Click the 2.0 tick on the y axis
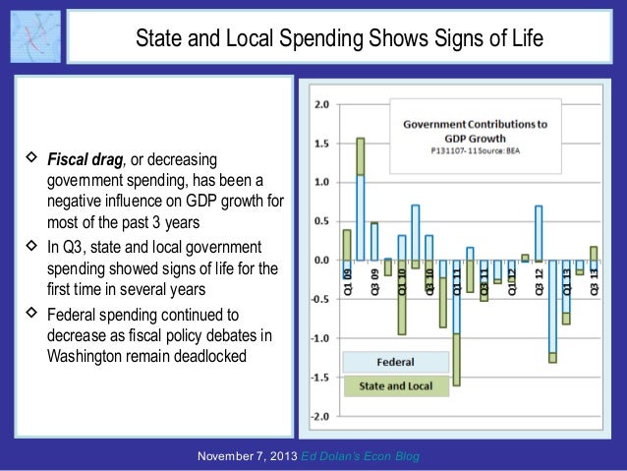pyautogui.click(x=320, y=104)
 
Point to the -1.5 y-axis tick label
pyautogui.click(x=319, y=377)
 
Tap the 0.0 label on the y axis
pyautogui.click(x=320, y=261)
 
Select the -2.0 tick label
pyautogui.click(x=319, y=416)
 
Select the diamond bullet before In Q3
pyautogui.click(x=32, y=245)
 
